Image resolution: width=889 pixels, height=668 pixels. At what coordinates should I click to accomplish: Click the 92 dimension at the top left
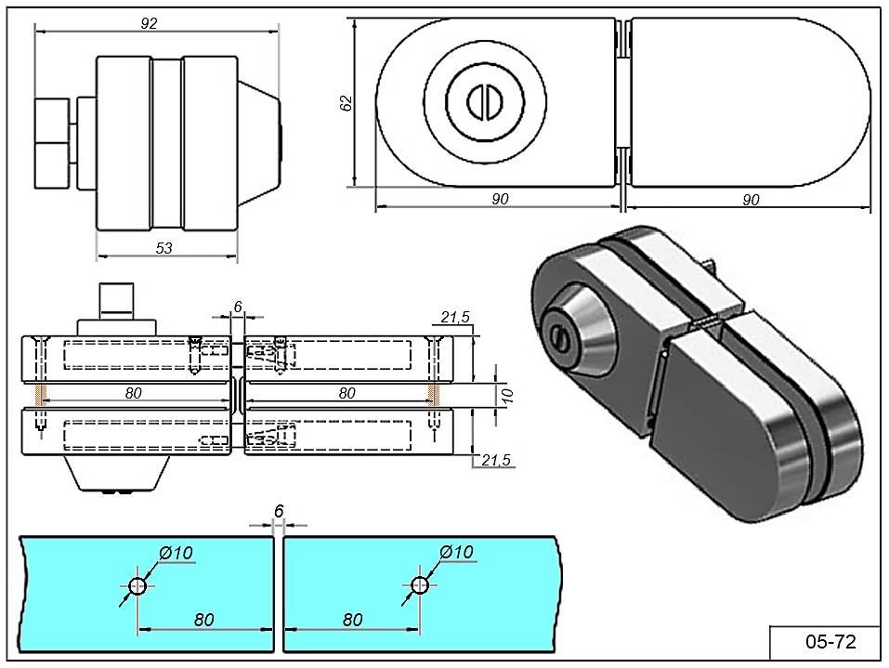pyautogui.click(x=149, y=24)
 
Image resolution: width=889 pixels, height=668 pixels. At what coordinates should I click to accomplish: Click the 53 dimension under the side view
pyautogui.click(x=164, y=248)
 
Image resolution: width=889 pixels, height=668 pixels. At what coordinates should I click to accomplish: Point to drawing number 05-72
pyautogui.click(x=830, y=641)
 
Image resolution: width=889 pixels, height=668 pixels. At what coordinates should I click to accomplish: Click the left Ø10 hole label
pyautogui.click(x=176, y=553)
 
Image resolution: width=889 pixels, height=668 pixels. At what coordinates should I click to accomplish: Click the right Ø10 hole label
pyautogui.click(x=456, y=553)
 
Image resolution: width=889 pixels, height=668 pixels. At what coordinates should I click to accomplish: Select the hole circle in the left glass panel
pyautogui.click(x=137, y=586)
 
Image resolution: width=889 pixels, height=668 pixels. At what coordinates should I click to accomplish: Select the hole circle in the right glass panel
pyautogui.click(x=419, y=586)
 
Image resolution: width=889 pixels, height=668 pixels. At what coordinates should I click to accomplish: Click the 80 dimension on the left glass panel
pyautogui.click(x=205, y=620)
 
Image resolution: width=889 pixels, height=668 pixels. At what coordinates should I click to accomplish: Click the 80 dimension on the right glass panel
pyautogui.click(x=352, y=620)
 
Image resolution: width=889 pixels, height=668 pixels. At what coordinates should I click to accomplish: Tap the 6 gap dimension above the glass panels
pyautogui.click(x=278, y=511)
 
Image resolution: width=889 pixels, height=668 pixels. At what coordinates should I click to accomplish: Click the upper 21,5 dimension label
pyautogui.click(x=455, y=318)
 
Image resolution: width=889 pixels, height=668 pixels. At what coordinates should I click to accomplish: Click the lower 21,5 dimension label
pyautogui.click(x=494, y=460)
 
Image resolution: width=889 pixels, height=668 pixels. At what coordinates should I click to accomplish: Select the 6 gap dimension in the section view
pyautogui.click(x=237, y=306)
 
